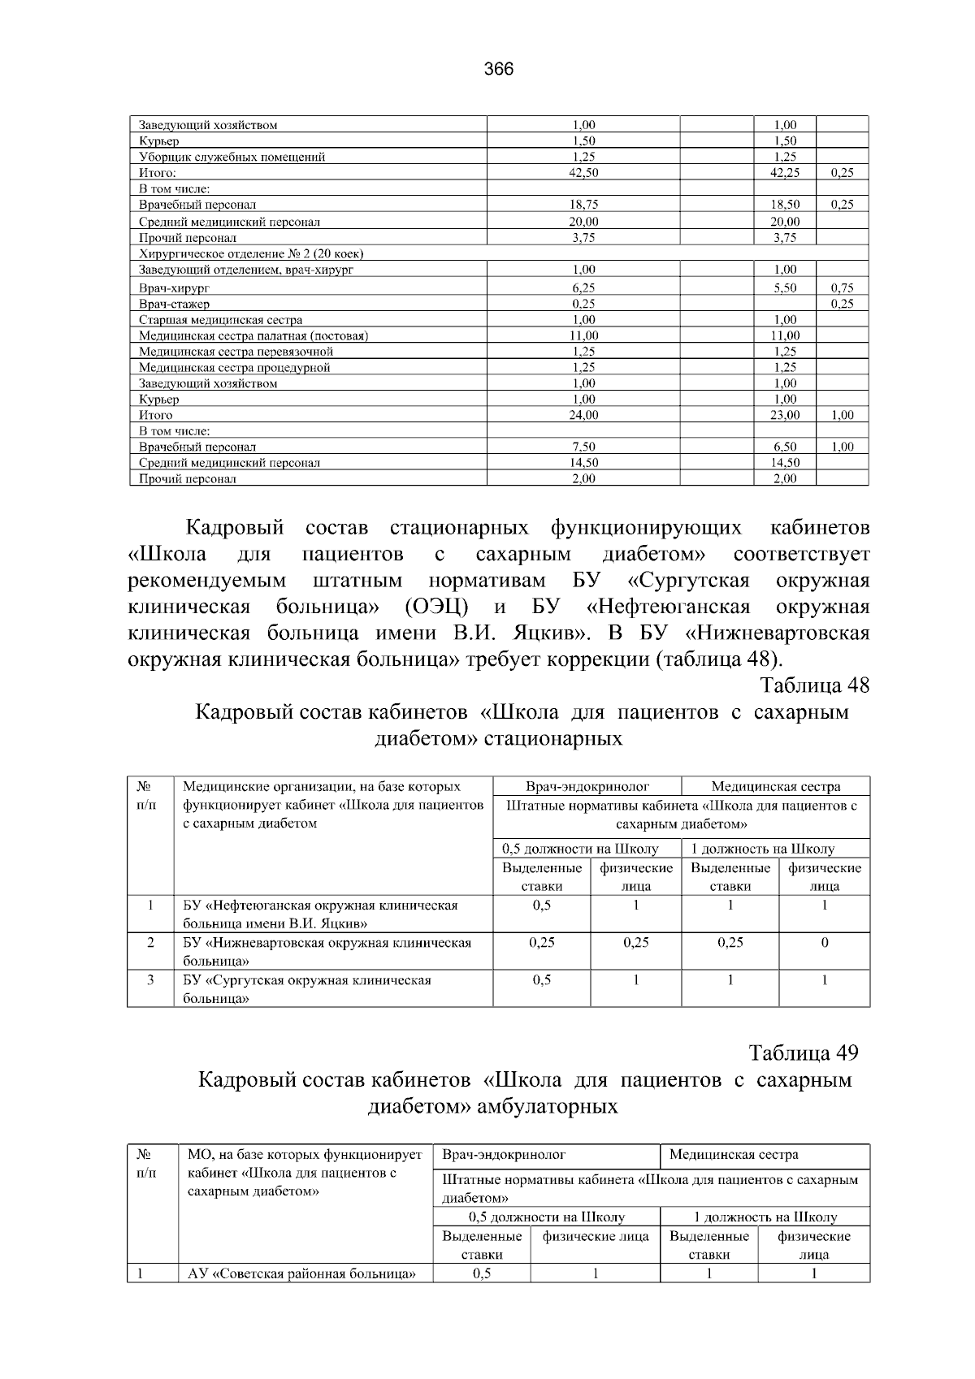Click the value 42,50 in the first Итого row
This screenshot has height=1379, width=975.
coord(583,173)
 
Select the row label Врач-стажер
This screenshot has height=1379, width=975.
coord(174,304)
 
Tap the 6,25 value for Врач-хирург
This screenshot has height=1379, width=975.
coord(583,287)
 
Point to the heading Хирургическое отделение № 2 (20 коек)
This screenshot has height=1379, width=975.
coord(250,253)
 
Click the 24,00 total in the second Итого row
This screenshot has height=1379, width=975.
coord(583,415)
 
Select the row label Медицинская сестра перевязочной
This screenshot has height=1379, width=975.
coord(236,352)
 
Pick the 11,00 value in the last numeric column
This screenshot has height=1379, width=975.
coord(785,335)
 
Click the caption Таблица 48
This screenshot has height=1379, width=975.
coord(814,685)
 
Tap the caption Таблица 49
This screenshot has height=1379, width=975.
coord(803,1053)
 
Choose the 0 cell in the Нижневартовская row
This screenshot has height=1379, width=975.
coord(824,943)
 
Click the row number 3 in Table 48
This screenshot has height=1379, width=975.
coord(150,980)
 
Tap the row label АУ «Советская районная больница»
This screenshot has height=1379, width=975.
coord(301,1273)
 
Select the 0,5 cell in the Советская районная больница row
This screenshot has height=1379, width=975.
coord(481,1273)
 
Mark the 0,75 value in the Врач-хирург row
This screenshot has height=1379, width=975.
coord(842,287)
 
